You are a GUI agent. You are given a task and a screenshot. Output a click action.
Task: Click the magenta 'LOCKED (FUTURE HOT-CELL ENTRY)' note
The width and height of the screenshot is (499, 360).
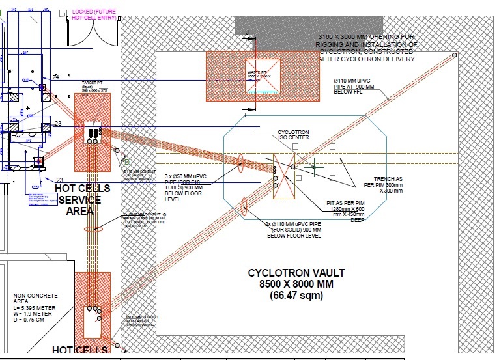(x=94, y=14)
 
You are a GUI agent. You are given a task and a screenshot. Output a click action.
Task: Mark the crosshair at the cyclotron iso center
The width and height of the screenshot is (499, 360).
(x=313, y=166)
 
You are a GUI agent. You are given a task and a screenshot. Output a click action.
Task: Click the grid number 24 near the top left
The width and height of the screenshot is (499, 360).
(x=56, y=77)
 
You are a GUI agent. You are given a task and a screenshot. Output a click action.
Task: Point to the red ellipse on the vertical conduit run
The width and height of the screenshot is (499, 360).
(x=89, y=230)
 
